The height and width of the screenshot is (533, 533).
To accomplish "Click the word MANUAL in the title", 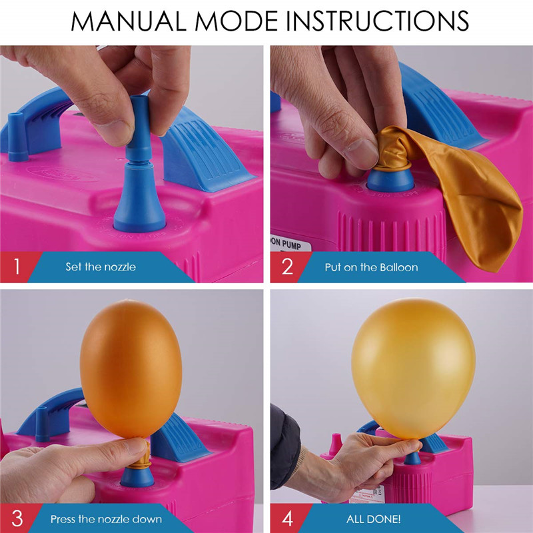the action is pyautogui.click(x=129, y=21).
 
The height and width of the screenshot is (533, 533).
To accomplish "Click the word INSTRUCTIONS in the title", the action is pyautogui.click(x=378, y=21).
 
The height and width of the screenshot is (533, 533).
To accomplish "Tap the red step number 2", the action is pyautogui.click(x=287, y=267).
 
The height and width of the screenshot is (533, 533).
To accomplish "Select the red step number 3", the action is pyautogui.click(x=17, y=519).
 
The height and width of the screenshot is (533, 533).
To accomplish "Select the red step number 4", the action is pyautogui.click(x=288, y=519).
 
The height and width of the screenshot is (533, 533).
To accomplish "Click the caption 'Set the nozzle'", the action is pyautogui.click(x=101, y=267).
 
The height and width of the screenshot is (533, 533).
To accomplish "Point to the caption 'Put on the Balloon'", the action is pyautogui.click(x=371, y=267).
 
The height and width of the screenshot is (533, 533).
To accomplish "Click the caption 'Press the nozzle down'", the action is pyautogui.click(x=106, y=519).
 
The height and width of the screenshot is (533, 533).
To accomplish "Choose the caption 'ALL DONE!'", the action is pyautogui.click(x=373, y=519).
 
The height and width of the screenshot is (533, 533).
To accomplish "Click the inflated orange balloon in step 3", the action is pyautogui.click(x=131, y=369).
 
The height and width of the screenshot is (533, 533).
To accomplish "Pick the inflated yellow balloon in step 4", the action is pyautogui.click(x=413, y=369).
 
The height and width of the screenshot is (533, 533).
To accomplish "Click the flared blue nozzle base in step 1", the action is pyautogui.click(x=139, y=201).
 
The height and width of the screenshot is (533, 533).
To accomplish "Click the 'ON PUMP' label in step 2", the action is pyautogui.click(x=286, y=243).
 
